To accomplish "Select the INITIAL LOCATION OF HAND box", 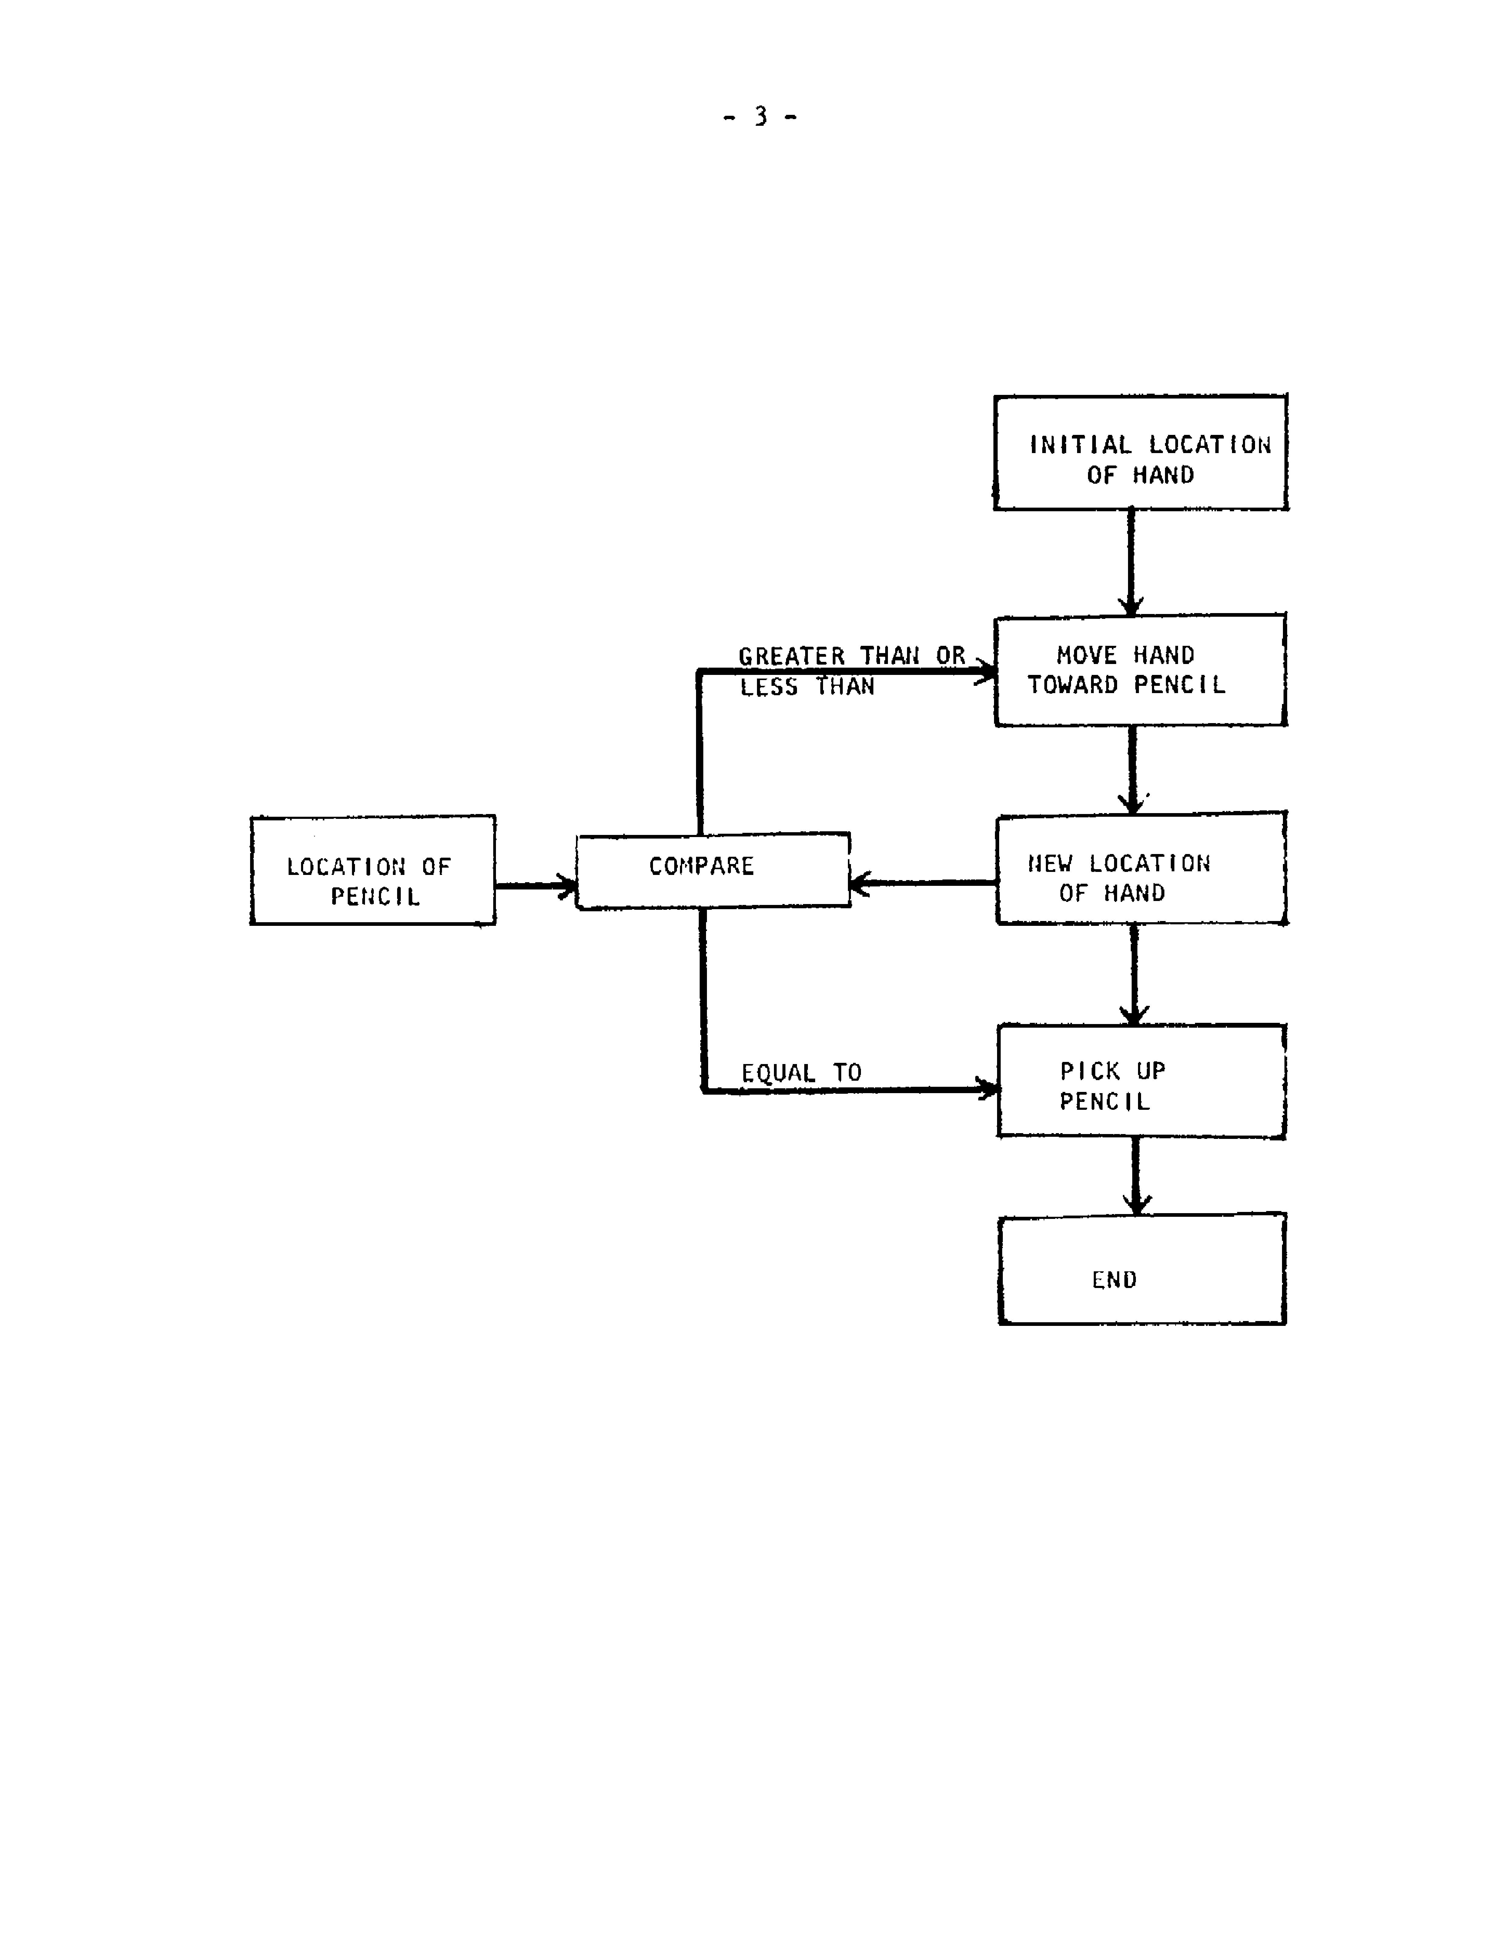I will [1140, 453].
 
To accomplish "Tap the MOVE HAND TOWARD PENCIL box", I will [1140, 671].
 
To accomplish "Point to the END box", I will [1142, 1270].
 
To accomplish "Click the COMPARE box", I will [713, 871].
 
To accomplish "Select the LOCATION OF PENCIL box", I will [372, 871].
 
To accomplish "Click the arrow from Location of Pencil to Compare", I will [535, 886].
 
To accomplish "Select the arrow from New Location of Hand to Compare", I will [922, 883].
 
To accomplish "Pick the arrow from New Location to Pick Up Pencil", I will [1134, 975].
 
